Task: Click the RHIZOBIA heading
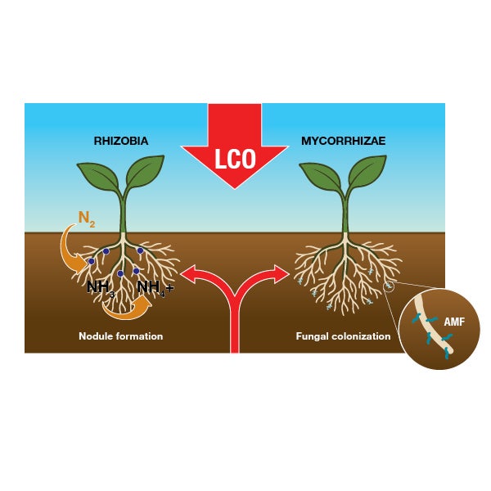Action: [121, 142]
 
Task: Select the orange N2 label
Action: [87, 218]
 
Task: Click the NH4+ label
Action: [155, 287]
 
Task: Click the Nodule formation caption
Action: [120, 336]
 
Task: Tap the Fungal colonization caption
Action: [343, 336]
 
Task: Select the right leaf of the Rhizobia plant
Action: [146, 172]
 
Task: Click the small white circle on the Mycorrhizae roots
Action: [389, 286]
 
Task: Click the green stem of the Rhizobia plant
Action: [123, 217]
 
